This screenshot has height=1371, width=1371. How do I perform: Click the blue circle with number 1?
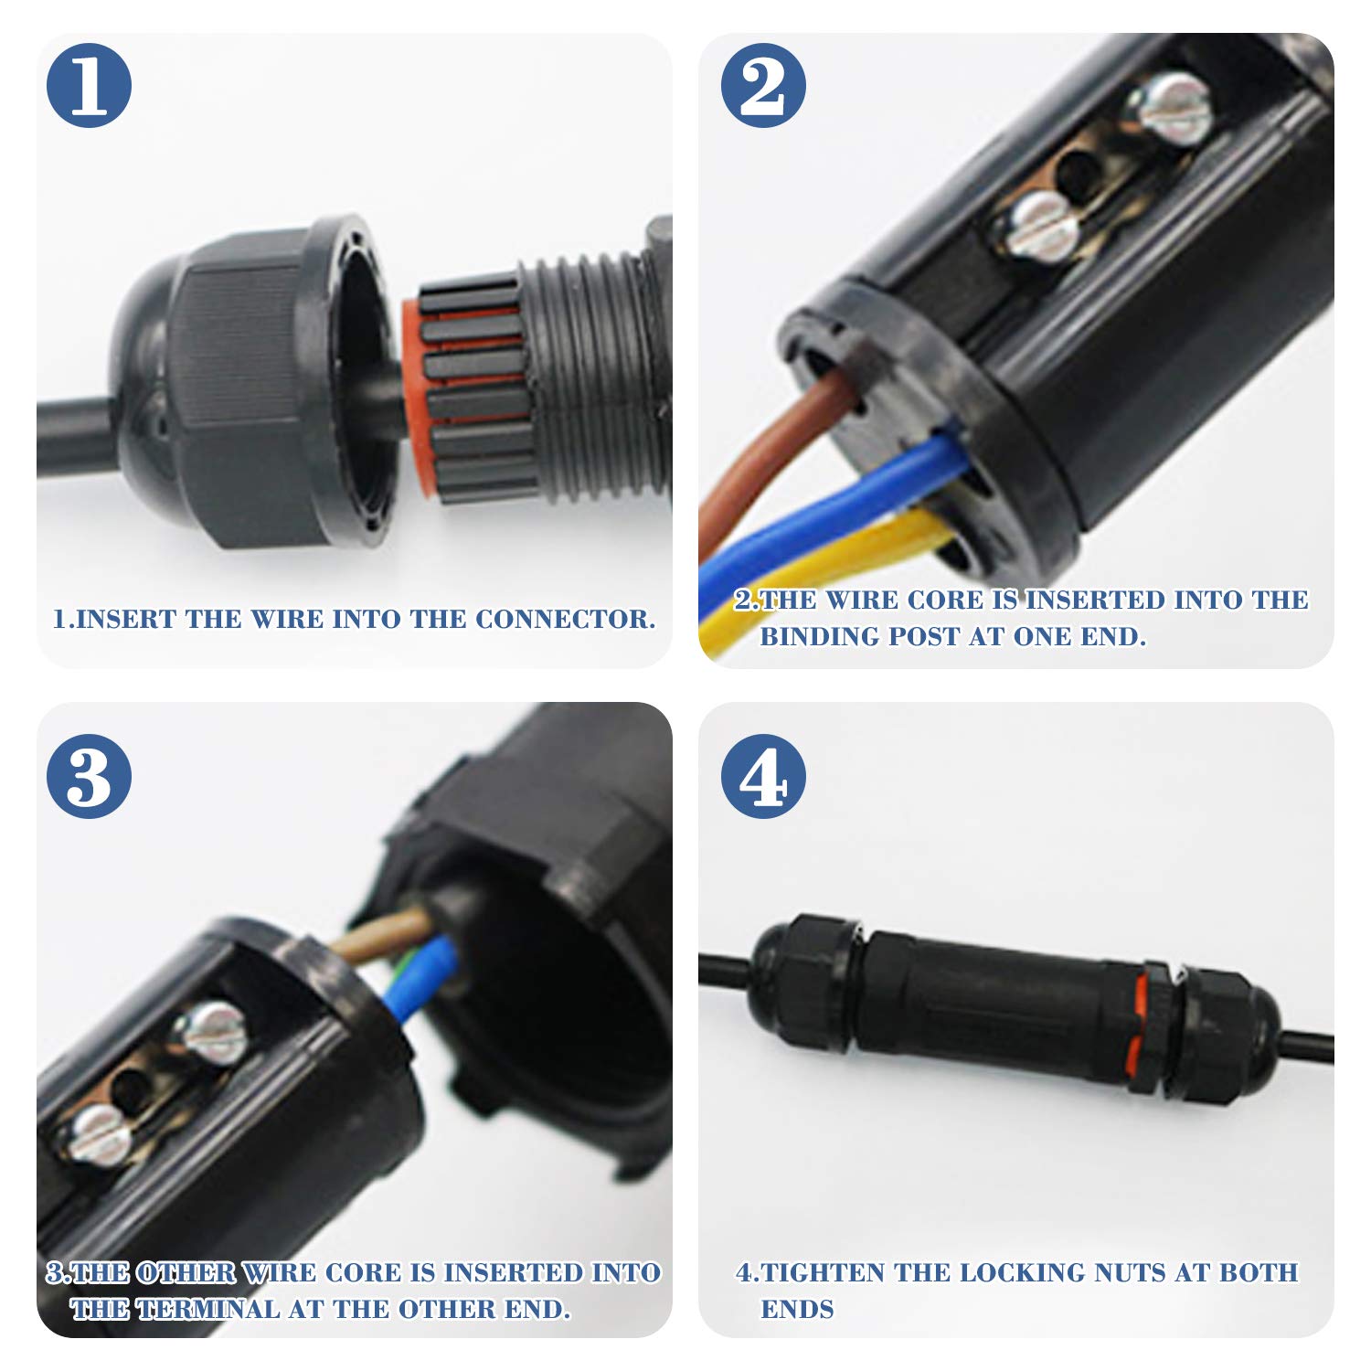(x=90, y=85)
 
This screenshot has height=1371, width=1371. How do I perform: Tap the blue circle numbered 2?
(x=763, y=85)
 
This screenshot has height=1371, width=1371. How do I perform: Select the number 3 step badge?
(x=90, y=776)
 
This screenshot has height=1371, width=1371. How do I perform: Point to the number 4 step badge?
(x=763, y=776)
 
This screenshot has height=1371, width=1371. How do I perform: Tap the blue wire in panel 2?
(x=823, y=512)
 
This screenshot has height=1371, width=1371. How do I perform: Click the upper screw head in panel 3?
(x=212, y=1033)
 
